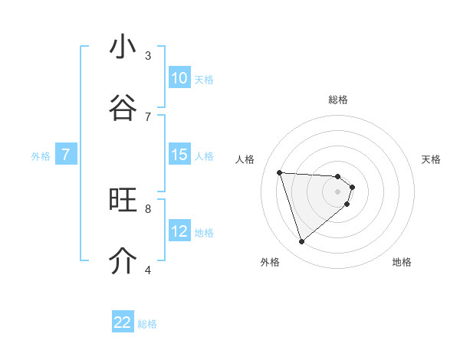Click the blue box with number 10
[179, 78]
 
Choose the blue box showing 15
[179, 155]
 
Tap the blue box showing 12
[179, 231]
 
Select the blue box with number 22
[123, 322]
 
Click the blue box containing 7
[66, 155]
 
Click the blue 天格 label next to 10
[204, 79]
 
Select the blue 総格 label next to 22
[147, 324]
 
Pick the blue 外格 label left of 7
[41, 156]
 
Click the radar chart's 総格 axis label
[338, 100]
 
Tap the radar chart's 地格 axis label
[402, 262]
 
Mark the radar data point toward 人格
[280, 172]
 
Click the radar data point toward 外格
[301, 242]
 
